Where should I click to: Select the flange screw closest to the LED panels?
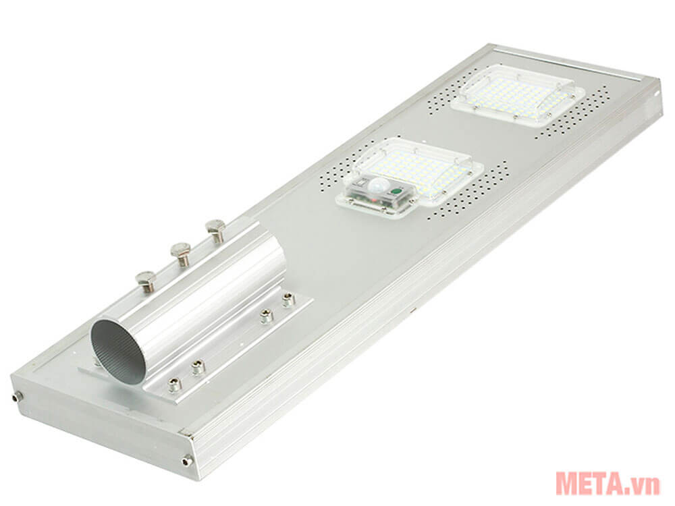[x=288, y=299]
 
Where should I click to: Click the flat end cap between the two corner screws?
[x=101, y=428]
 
